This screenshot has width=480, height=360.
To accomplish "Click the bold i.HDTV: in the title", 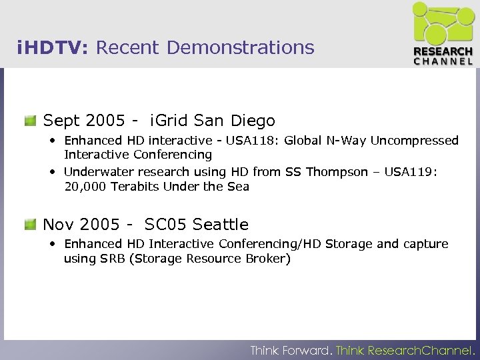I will [x=55, y=48].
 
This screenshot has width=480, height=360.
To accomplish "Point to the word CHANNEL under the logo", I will [x=443, y=61].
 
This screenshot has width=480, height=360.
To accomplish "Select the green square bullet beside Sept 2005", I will [x=30, y=121].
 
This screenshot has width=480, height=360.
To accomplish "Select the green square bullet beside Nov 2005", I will [x=30, y=225].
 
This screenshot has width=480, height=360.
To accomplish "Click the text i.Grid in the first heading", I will [x=169, y=121].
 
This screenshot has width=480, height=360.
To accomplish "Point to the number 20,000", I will [x=86, y=187].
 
